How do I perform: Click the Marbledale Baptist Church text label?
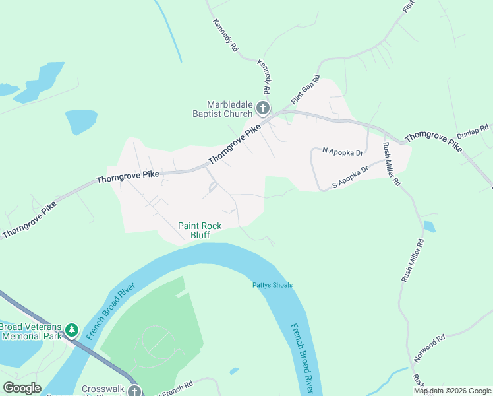(229, 109)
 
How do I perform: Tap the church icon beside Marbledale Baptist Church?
(263, 108)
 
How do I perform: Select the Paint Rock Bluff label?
(200, 230)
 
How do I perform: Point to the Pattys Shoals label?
(272, 285)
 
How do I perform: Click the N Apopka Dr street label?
(343, 152)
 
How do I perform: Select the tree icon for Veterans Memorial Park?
(71, 330)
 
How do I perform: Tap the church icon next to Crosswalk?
(134, 391)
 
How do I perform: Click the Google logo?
(22, 388)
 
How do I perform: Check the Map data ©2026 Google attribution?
(452, 391)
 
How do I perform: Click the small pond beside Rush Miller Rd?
(429, 226)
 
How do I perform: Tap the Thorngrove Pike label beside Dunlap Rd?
(434, 141)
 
